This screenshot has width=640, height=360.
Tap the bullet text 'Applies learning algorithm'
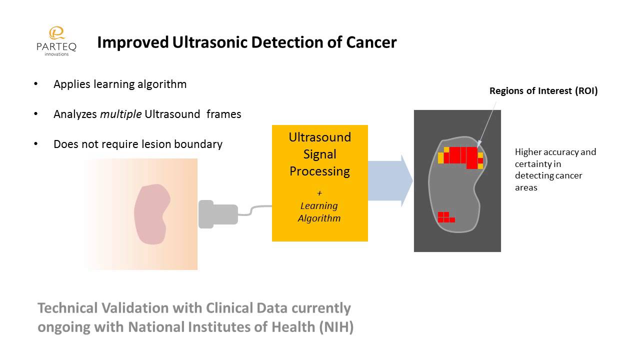(120, 84)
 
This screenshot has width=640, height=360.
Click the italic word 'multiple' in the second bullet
(120, 114)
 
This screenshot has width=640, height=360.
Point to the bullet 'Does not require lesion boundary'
(137, 144)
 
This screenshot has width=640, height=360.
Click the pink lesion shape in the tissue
(151, 214)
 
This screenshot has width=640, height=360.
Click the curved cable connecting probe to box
(255, 210)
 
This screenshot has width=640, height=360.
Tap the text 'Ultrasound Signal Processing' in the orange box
(319, 154)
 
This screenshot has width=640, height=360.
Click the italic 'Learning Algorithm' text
(319, 212)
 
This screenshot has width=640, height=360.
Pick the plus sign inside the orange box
(319, 192)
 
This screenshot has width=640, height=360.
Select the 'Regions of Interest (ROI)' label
(543, 91)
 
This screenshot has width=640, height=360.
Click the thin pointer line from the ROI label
(487, 122)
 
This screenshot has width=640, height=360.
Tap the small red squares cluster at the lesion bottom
(445, 217)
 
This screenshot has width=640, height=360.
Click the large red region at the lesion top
(461, 156)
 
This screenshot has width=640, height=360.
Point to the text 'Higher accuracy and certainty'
(555, 157)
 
